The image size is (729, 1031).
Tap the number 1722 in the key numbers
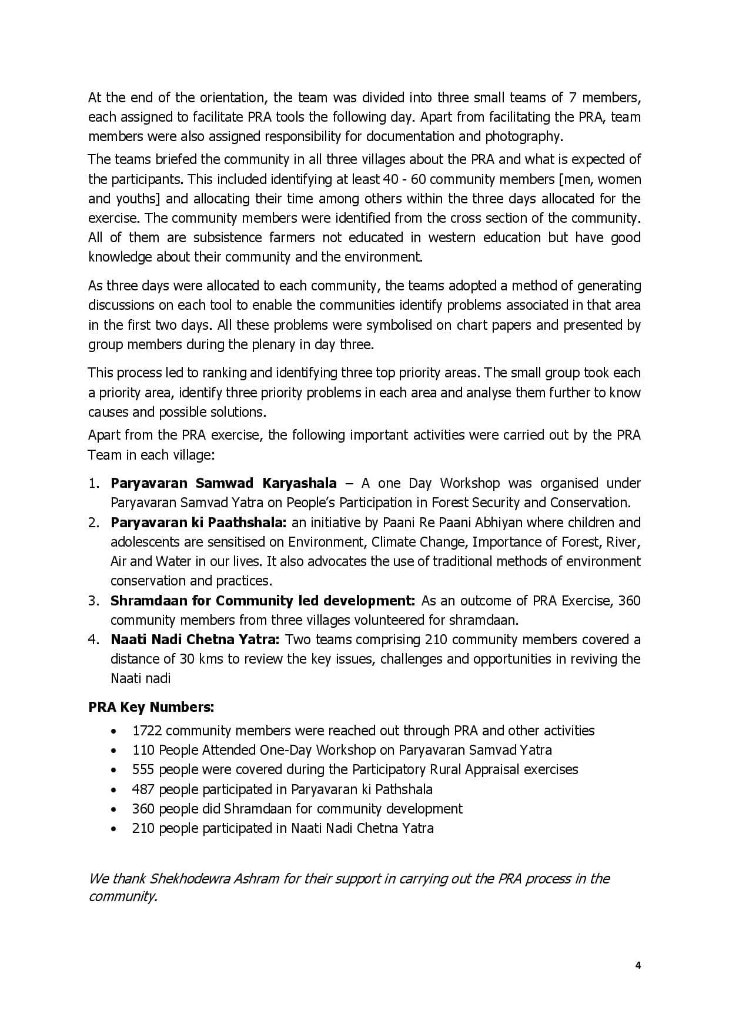pyautogui.click(x=147, y=731)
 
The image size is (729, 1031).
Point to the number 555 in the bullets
pyautogui.click(x=143, y=769)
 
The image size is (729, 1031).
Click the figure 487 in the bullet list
pyautogui.click(x=143, y=789)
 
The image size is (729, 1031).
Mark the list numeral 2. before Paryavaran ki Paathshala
pyautogui.click(x=94, y=523)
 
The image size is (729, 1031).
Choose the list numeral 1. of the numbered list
pyautogui.click(x=94, y=483)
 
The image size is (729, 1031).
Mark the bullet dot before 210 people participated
pyautogui.click(x=113, y=829)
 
